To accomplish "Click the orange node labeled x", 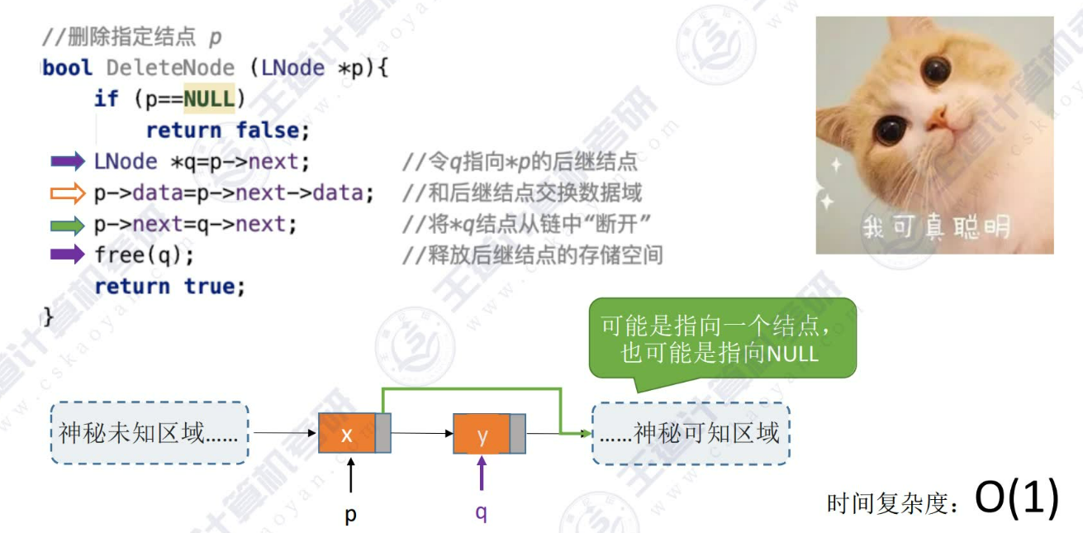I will pos(347,434).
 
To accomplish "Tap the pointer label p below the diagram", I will pos(351,515).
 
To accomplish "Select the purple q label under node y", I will pos(481,513).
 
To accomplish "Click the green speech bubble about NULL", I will pos(722,340).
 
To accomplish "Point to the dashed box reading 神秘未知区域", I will pos(149,433).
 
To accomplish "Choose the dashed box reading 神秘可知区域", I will pos(691,433).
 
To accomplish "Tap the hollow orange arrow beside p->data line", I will pos(68,193).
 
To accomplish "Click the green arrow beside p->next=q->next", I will pos(68,224).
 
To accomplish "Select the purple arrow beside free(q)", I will pos(68,255).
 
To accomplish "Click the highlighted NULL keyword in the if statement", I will pos(209,98).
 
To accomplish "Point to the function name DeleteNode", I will pos(170,68).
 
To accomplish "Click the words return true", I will pos(170,286).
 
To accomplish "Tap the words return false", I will pos(227,131).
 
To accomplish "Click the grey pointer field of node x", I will pos(384,434).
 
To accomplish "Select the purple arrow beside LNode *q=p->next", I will pos(68,160).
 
